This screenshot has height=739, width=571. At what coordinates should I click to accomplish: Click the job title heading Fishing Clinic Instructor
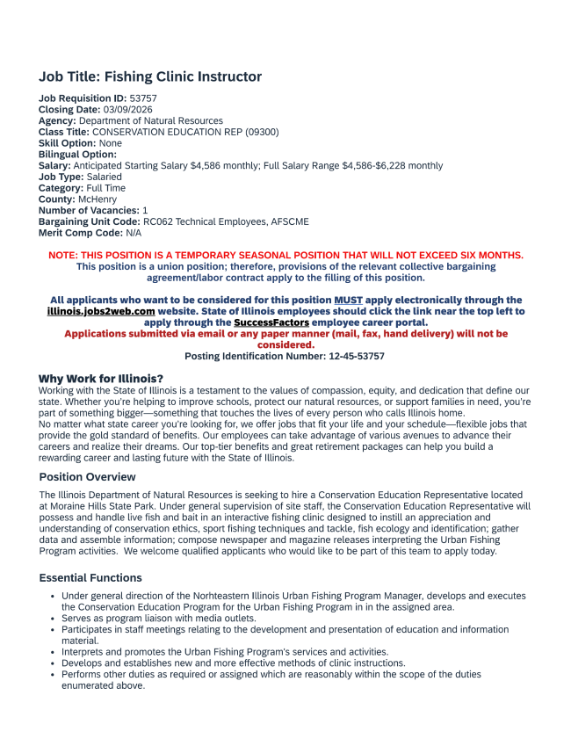point(150,77)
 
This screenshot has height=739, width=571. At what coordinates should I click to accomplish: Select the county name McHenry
point(98,199)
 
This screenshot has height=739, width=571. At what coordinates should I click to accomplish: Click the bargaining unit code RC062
point(159,221)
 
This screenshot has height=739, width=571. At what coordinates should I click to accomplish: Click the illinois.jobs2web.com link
point(101,311)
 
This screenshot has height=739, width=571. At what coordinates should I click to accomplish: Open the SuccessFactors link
point(271,322)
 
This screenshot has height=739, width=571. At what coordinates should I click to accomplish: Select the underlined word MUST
point(348,301)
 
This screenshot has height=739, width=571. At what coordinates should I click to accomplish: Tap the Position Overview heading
point(88,477)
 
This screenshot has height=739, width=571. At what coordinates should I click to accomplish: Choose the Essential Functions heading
point(90,578)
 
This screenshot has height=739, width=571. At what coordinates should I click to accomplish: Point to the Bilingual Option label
point(77,154)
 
